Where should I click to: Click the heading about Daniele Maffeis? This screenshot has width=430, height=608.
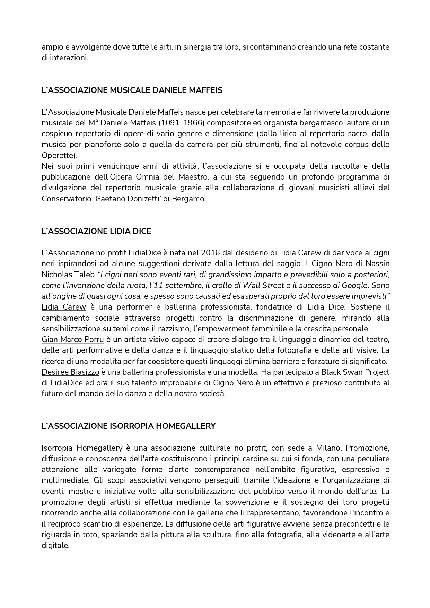pos(132,90)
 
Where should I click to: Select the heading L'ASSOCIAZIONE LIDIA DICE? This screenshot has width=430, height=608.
pos(96,231)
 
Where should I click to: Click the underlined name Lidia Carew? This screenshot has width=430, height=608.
pos(64,307)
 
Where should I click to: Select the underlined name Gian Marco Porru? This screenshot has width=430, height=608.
pos(73,339)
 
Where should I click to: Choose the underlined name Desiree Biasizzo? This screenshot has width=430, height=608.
pos(70,372)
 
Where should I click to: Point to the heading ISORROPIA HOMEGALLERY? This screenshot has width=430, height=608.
pos(129,426)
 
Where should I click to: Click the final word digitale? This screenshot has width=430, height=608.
pos(55,545)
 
